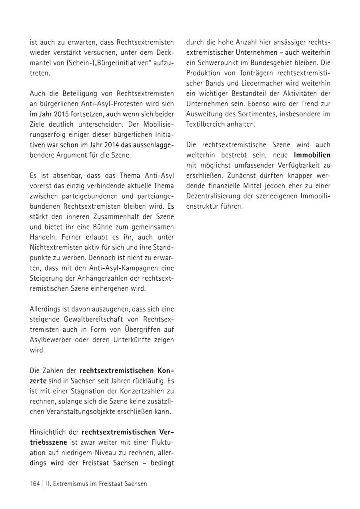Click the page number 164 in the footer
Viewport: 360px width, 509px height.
[35, 483]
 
